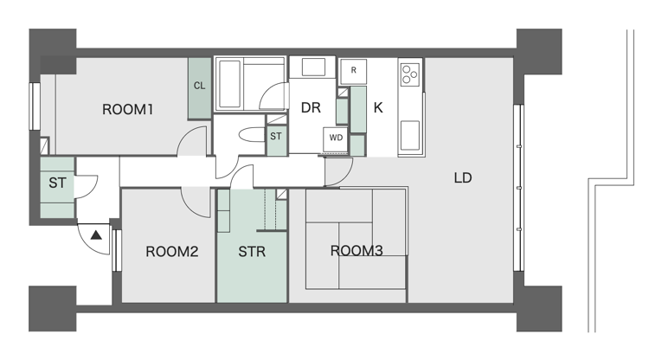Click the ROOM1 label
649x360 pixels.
[127, 110]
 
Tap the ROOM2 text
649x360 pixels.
[172, 252]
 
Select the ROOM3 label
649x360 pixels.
[357, 251]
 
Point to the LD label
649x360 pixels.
[463, 178]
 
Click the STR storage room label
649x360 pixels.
[252, 252]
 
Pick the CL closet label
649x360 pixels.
[200, 86]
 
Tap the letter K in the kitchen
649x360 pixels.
[378, 108]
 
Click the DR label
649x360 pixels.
[311, 108]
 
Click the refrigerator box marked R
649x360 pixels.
[353, 71]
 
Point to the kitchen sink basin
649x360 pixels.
[410, 135]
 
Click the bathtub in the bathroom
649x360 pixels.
[229, 84]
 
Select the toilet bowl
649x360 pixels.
[252, 135]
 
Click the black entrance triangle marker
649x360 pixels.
[96, 235]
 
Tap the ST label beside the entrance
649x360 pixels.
[57, 183]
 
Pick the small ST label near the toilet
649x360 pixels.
[276, 136]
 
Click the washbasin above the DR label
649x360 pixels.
[313, 67]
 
